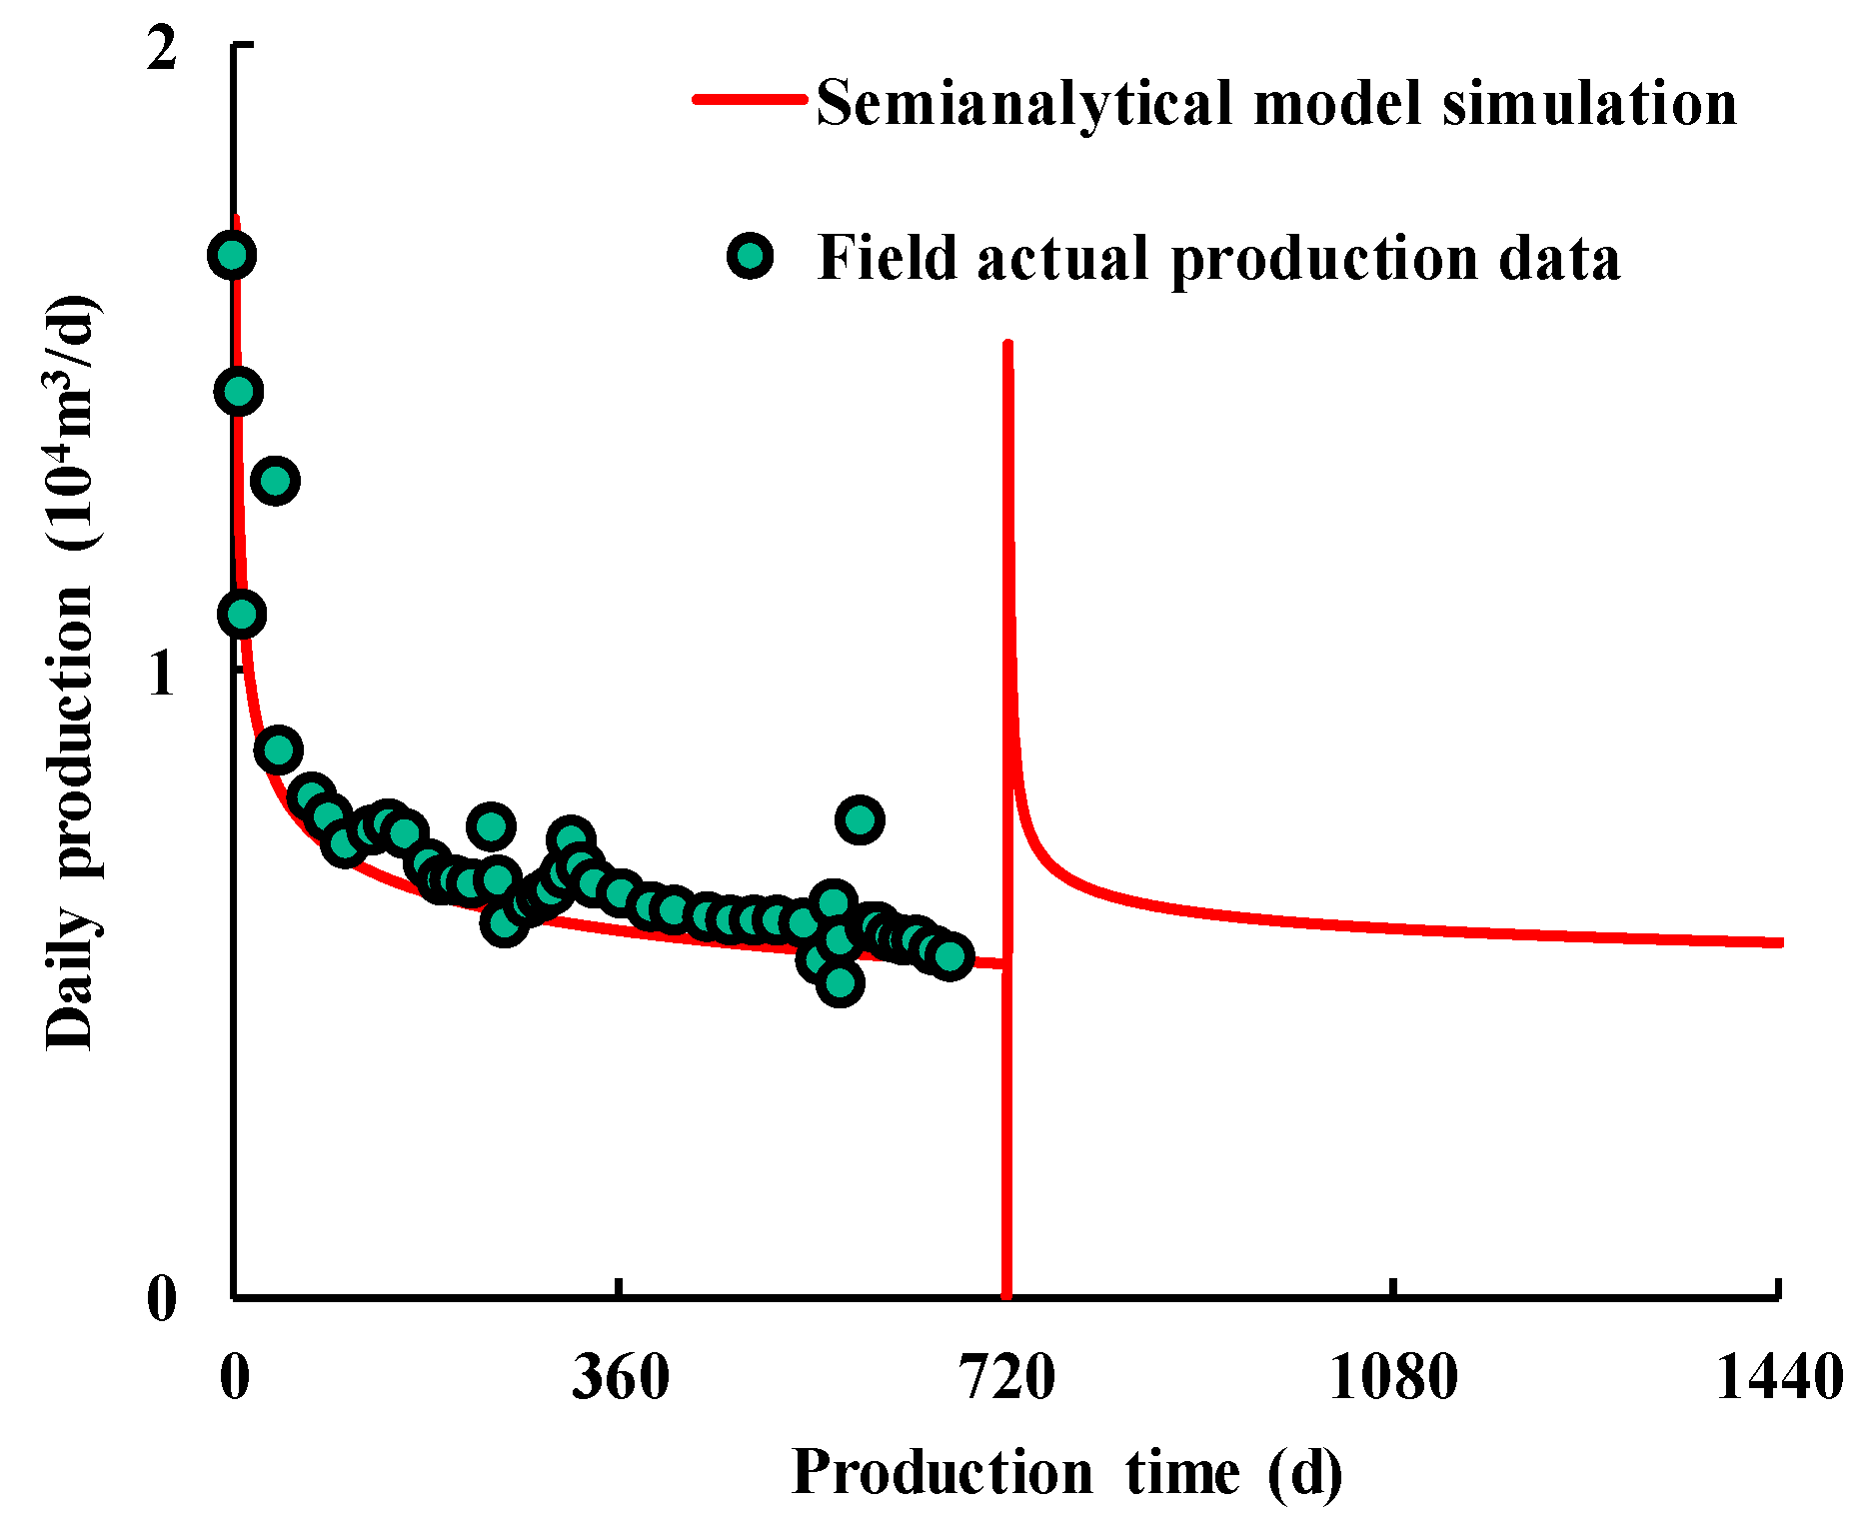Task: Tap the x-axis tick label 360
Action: [620, 1377]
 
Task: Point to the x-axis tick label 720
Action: [1007, 1377]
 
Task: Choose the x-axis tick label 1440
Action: [1779, 1377]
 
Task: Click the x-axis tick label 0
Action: [234, 1377]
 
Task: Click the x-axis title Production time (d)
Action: [1066, 1472]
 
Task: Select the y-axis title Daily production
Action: [72, 673]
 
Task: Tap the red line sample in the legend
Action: [750, 99]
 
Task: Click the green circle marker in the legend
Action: [750, 257]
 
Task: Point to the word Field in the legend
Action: [888, 258]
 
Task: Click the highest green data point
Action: [232, 255]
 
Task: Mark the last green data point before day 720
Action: [949, 956]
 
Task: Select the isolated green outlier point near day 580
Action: [860, 819]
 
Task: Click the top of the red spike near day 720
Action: [1007, 345]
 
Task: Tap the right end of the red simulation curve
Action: [1780, 942]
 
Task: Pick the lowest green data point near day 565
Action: [840, 983]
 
